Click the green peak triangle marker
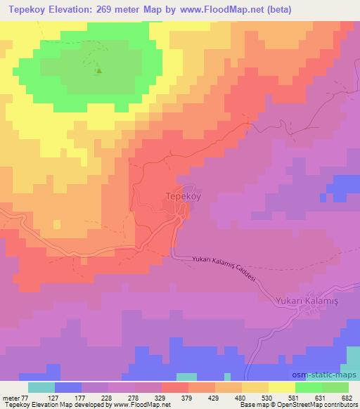(98, 70)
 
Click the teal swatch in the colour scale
(41, 387)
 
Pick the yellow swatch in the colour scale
(282, 387)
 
